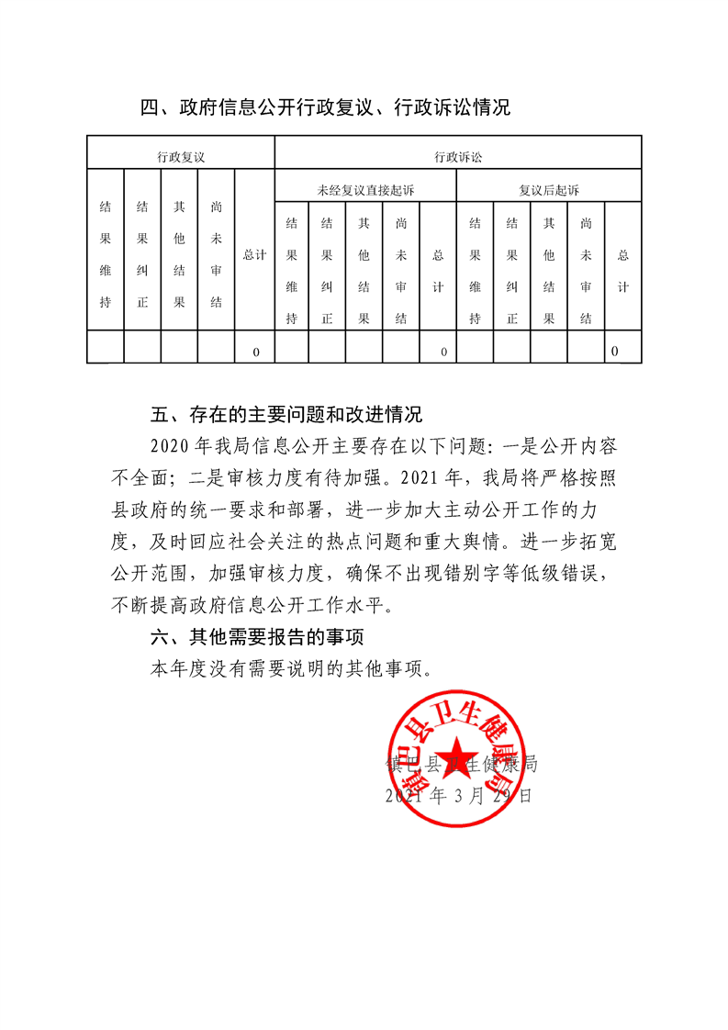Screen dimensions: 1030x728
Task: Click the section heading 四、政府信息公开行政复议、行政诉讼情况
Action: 325,108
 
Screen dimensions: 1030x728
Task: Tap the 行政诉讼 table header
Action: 458,157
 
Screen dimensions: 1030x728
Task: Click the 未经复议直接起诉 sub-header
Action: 365,190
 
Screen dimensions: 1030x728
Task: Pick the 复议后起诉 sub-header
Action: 549,190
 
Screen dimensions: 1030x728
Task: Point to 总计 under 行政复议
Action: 254,254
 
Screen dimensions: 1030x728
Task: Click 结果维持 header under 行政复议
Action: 106,254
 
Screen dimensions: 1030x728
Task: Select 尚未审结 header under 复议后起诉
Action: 586,271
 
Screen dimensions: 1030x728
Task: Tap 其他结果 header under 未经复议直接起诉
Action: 364,271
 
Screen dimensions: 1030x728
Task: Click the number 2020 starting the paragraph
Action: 169,446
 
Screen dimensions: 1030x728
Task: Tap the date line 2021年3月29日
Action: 459,796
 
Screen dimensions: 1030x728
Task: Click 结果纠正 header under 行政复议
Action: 142,254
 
